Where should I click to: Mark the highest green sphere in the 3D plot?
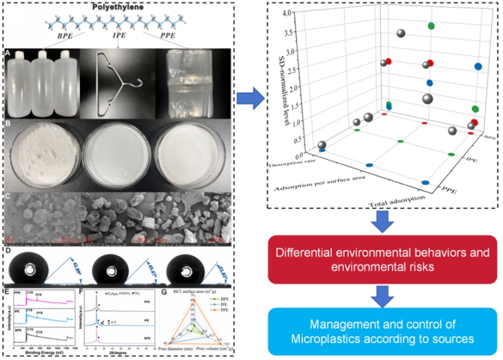(431, 26)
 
